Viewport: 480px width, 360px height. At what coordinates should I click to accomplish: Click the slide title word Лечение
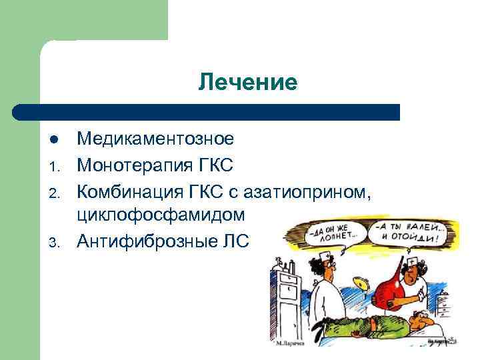tap(247, 83)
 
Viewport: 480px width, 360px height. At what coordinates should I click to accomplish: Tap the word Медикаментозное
tap(155, 139)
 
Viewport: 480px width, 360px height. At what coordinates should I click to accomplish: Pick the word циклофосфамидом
tap(161, 215)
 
